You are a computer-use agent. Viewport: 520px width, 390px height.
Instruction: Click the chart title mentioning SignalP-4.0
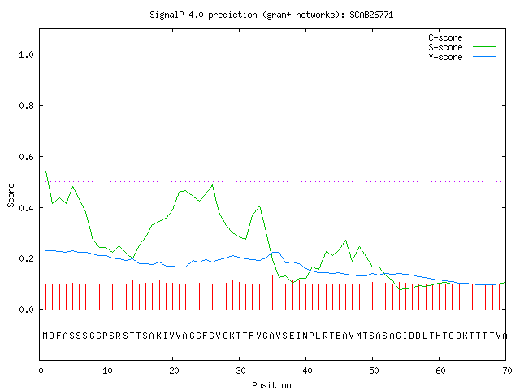tap(271, 15)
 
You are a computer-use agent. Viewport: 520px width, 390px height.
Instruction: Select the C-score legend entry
tap(462, 37)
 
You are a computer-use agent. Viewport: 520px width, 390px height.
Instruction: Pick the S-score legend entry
tap(462, 47)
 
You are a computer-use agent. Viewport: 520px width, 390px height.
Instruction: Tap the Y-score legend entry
tap(462, 57)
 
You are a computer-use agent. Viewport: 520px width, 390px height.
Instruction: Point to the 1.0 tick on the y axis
tap(26, 54)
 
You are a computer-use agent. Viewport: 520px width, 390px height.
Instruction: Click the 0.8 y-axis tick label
tap(26, 106)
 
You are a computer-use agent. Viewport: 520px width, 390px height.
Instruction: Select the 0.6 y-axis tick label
tap(26, 157)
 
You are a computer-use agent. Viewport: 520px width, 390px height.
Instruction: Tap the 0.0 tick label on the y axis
tap(26, 310)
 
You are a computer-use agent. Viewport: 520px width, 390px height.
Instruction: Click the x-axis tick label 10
tap(107, 370)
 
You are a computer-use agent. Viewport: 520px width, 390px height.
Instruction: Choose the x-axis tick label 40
tap(307, 370)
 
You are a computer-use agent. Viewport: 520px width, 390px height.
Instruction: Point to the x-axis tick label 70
tap(507, 370)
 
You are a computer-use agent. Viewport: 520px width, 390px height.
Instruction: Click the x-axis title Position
tap(271, 385)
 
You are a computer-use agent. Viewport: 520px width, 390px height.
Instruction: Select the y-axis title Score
tap(11, 196)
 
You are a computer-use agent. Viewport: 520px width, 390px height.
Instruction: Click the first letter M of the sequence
tap(45, 336)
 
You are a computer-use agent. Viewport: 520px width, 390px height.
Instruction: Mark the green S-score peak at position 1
tap(45, 171)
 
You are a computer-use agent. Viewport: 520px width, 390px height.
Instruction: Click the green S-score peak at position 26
tap(213, 185)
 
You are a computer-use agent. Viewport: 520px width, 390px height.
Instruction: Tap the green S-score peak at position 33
tap(260, 206)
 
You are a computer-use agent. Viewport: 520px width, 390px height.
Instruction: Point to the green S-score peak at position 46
tap(346, 240)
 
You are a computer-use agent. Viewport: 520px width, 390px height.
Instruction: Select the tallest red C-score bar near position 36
tap(279, 291)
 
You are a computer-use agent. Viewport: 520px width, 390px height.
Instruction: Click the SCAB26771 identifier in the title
tap(371, 15)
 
